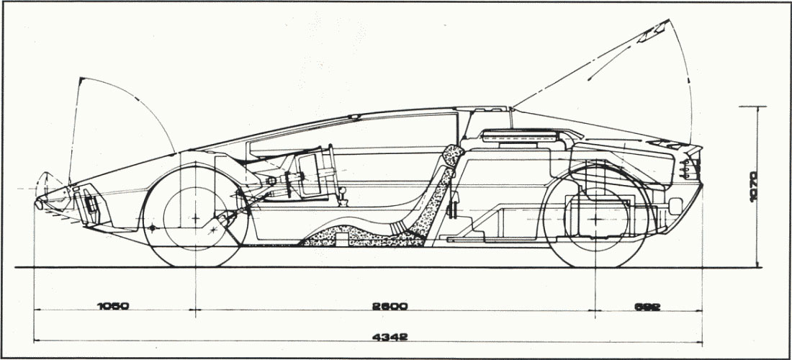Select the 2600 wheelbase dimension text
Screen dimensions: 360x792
[390, 306]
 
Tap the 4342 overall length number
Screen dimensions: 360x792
[390, 336]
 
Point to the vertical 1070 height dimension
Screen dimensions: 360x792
[752, 187]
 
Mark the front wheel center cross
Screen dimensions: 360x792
[196, 216]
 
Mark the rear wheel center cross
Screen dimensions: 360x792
[596, 216]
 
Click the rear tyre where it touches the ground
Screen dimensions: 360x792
[596, 266]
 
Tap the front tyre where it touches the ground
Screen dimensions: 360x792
[196, 266]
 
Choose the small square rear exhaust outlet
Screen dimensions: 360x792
[675, 207]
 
